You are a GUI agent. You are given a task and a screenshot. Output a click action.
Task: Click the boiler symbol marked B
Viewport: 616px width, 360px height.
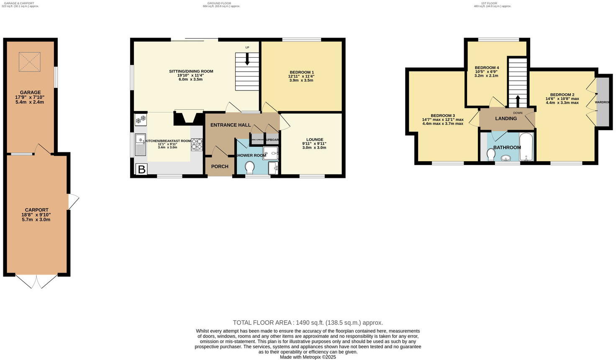click(141, 169)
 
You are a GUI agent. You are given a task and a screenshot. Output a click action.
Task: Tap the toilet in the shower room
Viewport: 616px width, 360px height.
click(250, 168)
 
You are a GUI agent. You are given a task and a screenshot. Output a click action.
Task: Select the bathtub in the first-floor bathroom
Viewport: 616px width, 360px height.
click(526, 147)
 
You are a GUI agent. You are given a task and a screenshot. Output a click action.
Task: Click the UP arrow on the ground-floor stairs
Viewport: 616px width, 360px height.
click(247, 59)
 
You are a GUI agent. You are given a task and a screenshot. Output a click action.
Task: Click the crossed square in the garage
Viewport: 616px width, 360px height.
click(30, 62)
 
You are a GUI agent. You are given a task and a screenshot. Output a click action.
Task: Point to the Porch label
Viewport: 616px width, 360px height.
click(220, 167)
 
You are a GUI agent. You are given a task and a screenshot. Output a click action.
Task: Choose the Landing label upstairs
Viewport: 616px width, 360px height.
click(506, 118)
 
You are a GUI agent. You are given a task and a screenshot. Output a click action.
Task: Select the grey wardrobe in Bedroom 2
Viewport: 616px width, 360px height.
click(603, 102)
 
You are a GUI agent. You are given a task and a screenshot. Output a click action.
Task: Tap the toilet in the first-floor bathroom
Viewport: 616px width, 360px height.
click(491, 154)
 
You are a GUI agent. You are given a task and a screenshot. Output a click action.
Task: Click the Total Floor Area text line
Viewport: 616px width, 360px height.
click(308, 323)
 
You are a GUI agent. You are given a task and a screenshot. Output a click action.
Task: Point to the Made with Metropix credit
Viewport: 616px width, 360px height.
click(308, 357)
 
